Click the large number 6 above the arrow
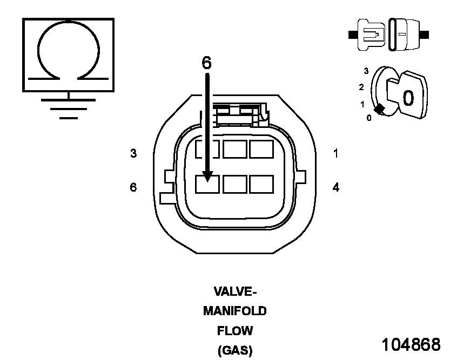(x=207, y=63)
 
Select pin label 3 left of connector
(x=133, y=154)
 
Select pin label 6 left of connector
(x=133, y=187)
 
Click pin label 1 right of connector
(x=336, y=154)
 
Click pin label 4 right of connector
(x=336, y=187)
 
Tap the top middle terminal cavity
(x=234, y=149)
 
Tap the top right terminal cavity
(x=261, y=149)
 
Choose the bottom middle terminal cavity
(x=234, y=185)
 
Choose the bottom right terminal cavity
(x=261, y=185)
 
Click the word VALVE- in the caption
(x=235, y=292)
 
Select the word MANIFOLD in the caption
(x=235, y=311)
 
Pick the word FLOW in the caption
(x=235, y=331)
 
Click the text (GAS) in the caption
(x=235, y=350)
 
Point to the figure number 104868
(x=411, y=344)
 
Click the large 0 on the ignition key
(x=408, y=98)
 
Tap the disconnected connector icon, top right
(x=389, y=35)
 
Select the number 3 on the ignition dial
(x=366, y=71)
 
